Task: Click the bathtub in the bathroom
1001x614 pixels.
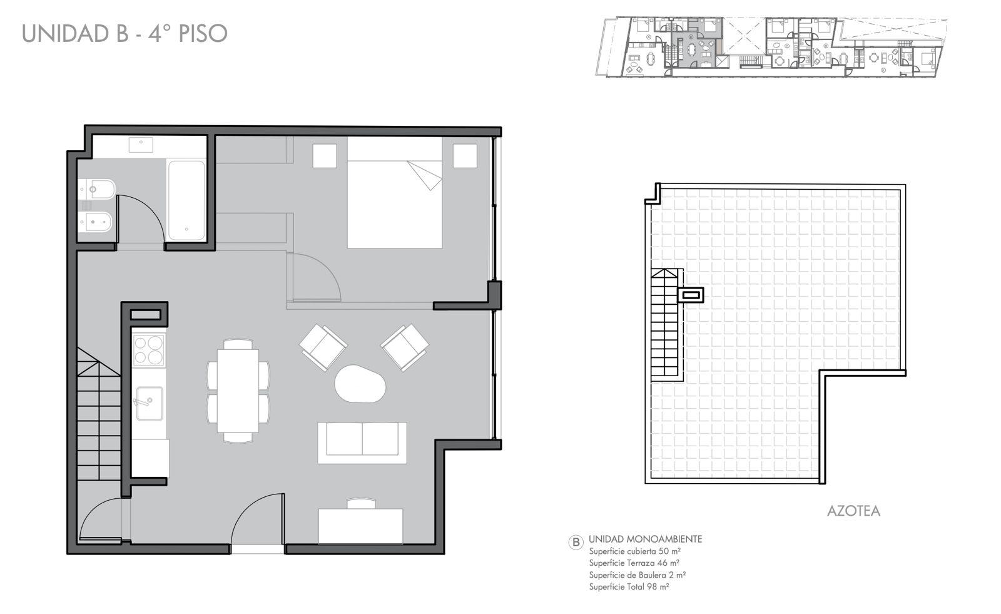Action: pos(186,200)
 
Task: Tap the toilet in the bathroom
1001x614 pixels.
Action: pos(96,190)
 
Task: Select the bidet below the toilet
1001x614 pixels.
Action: pos(94,222)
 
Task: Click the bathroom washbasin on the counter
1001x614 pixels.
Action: pos(141,145)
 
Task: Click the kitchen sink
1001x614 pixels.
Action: pos(150,403)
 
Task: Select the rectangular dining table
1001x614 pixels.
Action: pos(238,391)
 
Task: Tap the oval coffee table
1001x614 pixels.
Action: pos(360,384)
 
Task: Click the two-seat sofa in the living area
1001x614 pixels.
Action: pos(362,443)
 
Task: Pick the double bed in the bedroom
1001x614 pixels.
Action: pos(395,193)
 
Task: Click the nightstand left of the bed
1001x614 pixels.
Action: pos(325,156)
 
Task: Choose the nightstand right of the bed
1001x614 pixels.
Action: pos(465,156)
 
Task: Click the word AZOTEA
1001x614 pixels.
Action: pos(853,511)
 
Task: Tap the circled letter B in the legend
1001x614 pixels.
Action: pos(576,543)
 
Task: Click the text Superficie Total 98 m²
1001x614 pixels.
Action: pos(629,586)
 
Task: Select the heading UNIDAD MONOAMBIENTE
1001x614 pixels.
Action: pos(645,540)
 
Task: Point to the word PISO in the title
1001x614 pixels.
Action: pos(203,34)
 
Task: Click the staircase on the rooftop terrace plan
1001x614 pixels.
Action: pos(665,325)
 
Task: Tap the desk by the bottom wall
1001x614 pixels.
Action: pos(360,526)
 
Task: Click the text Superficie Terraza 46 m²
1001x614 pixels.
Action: pos(634,563)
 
